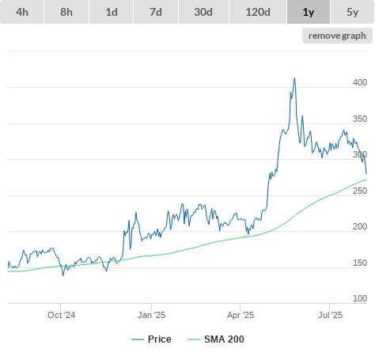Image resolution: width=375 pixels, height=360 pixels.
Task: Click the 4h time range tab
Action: pos(22,12)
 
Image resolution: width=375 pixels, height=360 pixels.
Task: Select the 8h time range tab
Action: pos(66,12)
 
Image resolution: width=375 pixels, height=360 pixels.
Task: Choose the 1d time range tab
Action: pos(112,12)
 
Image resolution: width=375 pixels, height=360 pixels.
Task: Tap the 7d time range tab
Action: pos(156,12)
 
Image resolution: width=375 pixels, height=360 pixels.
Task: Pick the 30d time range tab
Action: pos(203,12)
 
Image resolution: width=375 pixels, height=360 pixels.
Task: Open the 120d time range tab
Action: pos(258,12)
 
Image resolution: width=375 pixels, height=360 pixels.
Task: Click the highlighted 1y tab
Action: pos(309,12)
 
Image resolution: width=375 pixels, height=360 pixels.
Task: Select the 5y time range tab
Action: pos(353,12)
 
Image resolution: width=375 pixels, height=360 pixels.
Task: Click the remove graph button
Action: pos(337,36)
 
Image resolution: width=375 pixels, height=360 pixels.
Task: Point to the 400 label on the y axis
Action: pos(360,82)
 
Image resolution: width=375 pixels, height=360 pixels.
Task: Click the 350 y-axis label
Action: pos(360,119)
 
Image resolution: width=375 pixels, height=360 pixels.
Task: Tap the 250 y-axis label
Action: pos(360,191)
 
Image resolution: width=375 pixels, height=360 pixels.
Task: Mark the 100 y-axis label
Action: pos(360,298)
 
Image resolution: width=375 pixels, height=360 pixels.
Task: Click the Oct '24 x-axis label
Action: pos(61,315)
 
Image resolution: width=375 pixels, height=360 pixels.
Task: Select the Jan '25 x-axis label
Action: pos(151,315)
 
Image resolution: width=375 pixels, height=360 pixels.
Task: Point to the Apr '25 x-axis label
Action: pos(241,315)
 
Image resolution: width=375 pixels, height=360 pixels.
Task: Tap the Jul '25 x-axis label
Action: pos(330,315)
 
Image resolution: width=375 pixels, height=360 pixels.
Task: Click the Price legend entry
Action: pos(151,339)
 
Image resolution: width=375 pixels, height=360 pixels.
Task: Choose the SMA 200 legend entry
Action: pos(216,339)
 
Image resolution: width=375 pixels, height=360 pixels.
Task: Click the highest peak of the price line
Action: pos(294,78)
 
